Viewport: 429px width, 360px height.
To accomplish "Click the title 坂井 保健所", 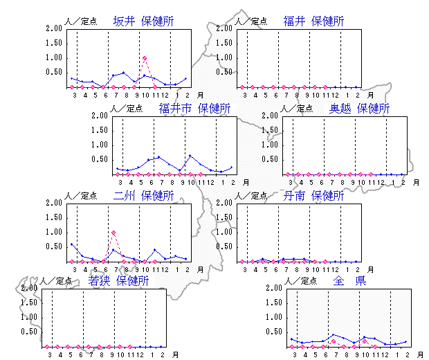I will (143, 21).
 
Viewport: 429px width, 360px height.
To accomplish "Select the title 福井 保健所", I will (313, 21).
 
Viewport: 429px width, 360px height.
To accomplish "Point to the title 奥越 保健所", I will (359, 109).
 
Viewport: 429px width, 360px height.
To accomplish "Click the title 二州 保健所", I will (143, 196).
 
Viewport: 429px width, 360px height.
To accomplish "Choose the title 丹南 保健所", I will (313, 196).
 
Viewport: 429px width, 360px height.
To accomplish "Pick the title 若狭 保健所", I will (118, 281).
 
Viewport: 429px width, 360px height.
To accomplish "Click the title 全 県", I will (349, 281).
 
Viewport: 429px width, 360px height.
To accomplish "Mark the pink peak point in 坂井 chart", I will (144, 58).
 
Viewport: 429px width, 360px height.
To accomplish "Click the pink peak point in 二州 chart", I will (113, 233).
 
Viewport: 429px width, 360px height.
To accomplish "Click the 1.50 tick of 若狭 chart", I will (30, 303).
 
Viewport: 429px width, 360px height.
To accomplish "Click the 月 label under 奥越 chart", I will (416, 182).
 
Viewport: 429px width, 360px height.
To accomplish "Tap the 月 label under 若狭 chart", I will (175, 354).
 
